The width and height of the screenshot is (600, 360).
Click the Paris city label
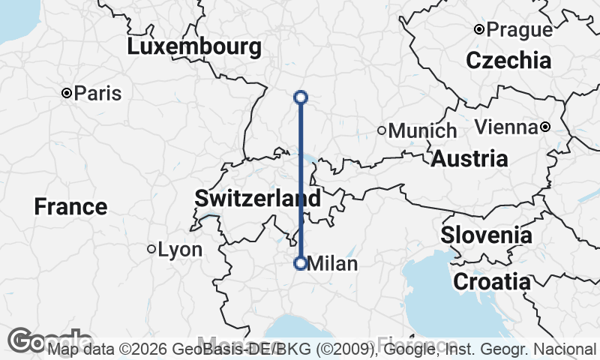98,94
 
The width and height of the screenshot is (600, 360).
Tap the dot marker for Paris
67,93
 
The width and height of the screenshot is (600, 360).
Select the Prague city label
519,30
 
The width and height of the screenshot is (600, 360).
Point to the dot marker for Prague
478,30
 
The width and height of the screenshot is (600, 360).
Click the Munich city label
423,130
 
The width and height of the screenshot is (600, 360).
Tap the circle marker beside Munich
382,130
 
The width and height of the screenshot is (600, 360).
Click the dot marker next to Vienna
546,127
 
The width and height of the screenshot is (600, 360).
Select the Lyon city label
181,249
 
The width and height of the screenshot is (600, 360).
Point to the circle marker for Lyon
151,249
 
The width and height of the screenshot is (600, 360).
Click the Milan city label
333,264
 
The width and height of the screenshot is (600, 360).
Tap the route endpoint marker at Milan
301,263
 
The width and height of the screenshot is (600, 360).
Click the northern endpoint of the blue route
301,97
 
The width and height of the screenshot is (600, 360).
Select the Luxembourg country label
194,47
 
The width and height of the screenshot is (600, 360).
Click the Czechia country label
508,60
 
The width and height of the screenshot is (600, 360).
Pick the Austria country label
469,159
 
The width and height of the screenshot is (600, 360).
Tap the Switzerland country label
257,199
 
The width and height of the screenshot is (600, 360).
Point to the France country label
70,206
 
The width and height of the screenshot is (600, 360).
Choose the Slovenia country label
486,235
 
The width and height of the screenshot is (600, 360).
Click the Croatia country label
491,282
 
